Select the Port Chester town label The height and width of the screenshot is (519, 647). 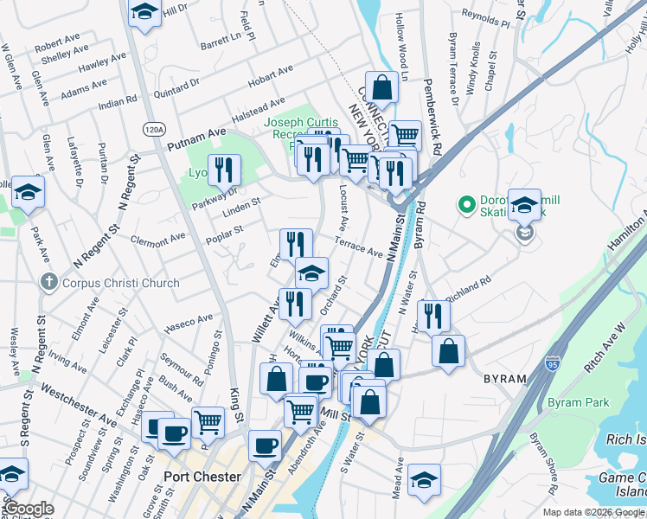pyautogui.click(x=202, y=477)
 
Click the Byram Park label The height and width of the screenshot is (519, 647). pyautogui.click(x=578, y=402)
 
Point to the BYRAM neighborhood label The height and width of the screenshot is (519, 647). pyautogui.click(x=505, y=378)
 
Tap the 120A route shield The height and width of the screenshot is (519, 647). pyautogui.click(x=154, y=130)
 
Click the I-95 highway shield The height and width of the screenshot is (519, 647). pyautogui.click(x=553, y=362)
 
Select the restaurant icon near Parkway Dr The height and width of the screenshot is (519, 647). pyautogui.click(x=226, y=170)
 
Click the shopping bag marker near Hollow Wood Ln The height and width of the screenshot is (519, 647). pyautogui.click(x=381, y=86)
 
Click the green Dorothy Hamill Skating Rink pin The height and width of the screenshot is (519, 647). pyautogui.click(x=467, y=205)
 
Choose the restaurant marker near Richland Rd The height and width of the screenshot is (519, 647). pyautogui.click(x=433, y=316)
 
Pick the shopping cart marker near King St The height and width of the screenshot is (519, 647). pyautogui.click(x=208, y=423)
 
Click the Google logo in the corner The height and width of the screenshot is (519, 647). pyautogui.click(x=28, y=509)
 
